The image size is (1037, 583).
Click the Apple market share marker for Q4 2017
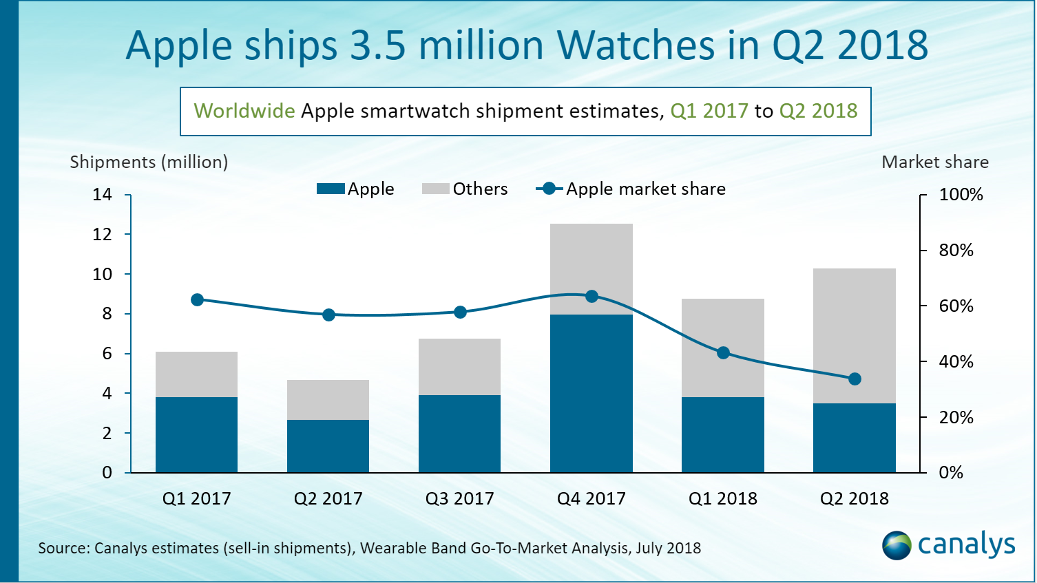point(591,297)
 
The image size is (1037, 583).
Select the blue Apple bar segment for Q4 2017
point(591,393)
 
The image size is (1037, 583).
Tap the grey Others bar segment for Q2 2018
point(855,336)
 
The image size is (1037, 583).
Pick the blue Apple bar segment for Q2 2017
point(328,446)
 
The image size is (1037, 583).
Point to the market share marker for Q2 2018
point(855,379)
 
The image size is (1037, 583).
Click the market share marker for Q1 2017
point(197,300)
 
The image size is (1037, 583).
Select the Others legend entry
point(465,189)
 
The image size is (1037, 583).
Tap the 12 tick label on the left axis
point(102,235)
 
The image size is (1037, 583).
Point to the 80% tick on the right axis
point(956,251)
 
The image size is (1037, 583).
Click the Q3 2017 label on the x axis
point(460,498)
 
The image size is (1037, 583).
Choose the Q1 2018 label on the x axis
point(723,498)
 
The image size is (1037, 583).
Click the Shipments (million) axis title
point(149,162)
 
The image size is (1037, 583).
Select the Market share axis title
point(935,162)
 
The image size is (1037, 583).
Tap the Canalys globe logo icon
point(897,545)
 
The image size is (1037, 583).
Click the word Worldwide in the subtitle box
point(244,111)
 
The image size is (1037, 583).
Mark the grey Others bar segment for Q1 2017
point(197,374)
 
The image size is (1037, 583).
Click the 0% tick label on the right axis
point(951,473)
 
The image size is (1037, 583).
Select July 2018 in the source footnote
point(668,549)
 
